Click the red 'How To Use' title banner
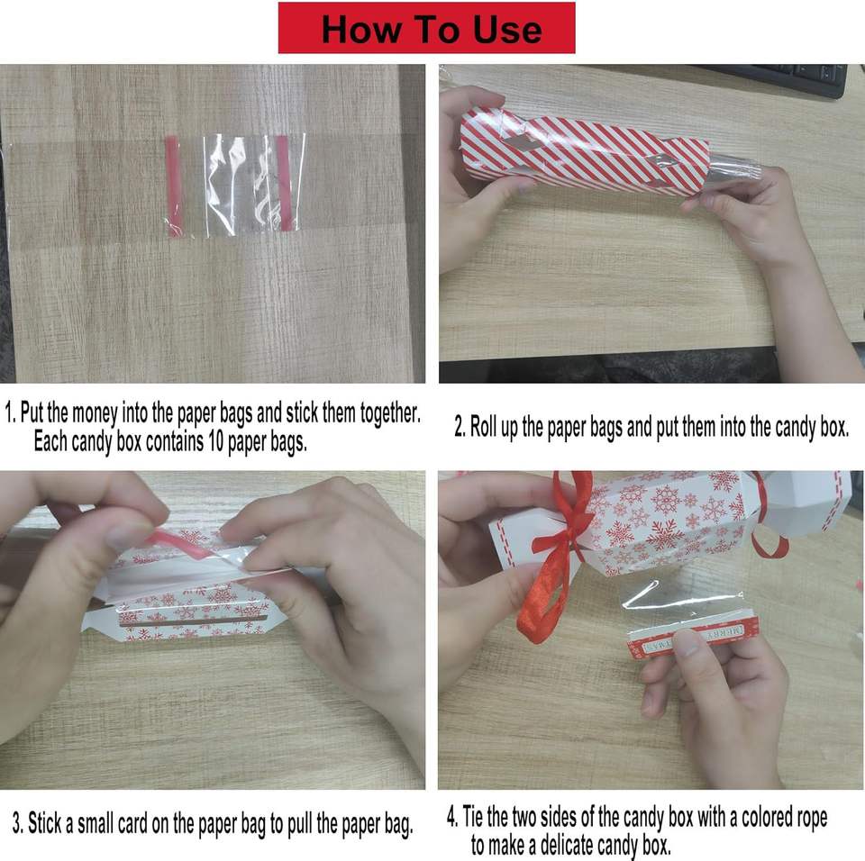426,28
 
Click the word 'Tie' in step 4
473,816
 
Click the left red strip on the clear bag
172,186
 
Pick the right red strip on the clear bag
284,183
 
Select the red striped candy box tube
584,150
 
